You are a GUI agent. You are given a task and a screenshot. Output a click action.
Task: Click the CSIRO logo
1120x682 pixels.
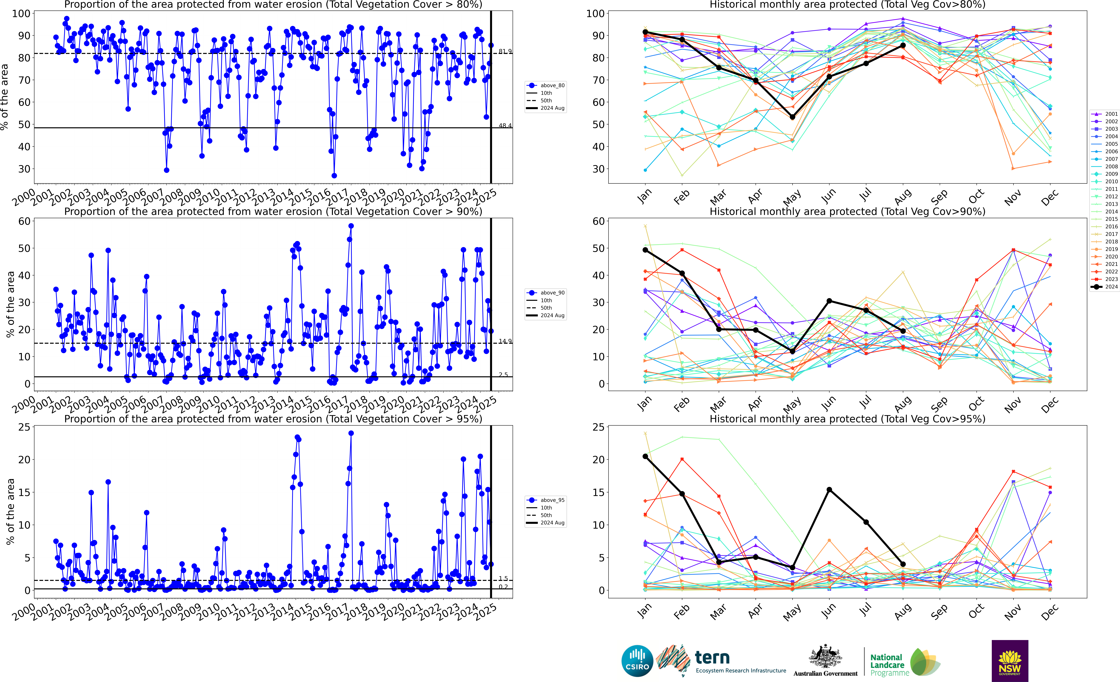click(x=637, y=661)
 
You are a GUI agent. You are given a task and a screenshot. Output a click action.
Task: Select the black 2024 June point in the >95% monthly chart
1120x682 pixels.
click(x=829, y=490)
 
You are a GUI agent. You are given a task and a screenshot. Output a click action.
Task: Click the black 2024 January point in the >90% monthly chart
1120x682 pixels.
click(x=645, y=250)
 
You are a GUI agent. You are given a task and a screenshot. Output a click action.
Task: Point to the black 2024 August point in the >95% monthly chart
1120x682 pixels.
click(x=903, y=564)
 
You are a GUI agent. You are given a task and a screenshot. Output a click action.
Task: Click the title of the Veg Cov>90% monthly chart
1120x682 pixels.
click(x=847, y=211)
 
